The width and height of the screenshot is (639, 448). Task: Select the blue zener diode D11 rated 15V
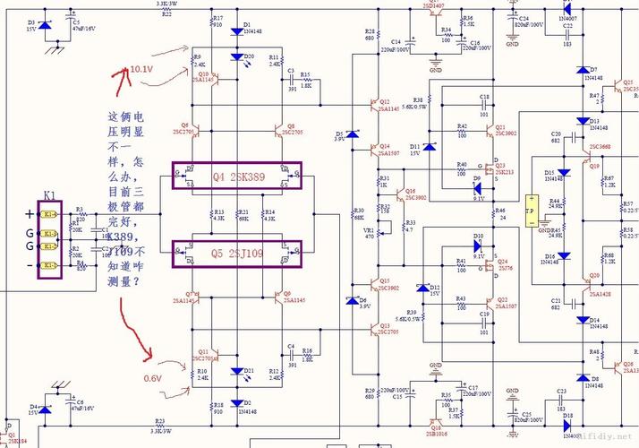click(x=429, y=146)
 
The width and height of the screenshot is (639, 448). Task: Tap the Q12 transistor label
click(x=384, y=101)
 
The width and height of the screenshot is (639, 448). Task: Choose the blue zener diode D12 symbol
click(x=423, y=289)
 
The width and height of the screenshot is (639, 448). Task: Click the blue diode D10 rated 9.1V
click(x=479, y=245)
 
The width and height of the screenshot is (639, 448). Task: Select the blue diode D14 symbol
click(x=566, y=320)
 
